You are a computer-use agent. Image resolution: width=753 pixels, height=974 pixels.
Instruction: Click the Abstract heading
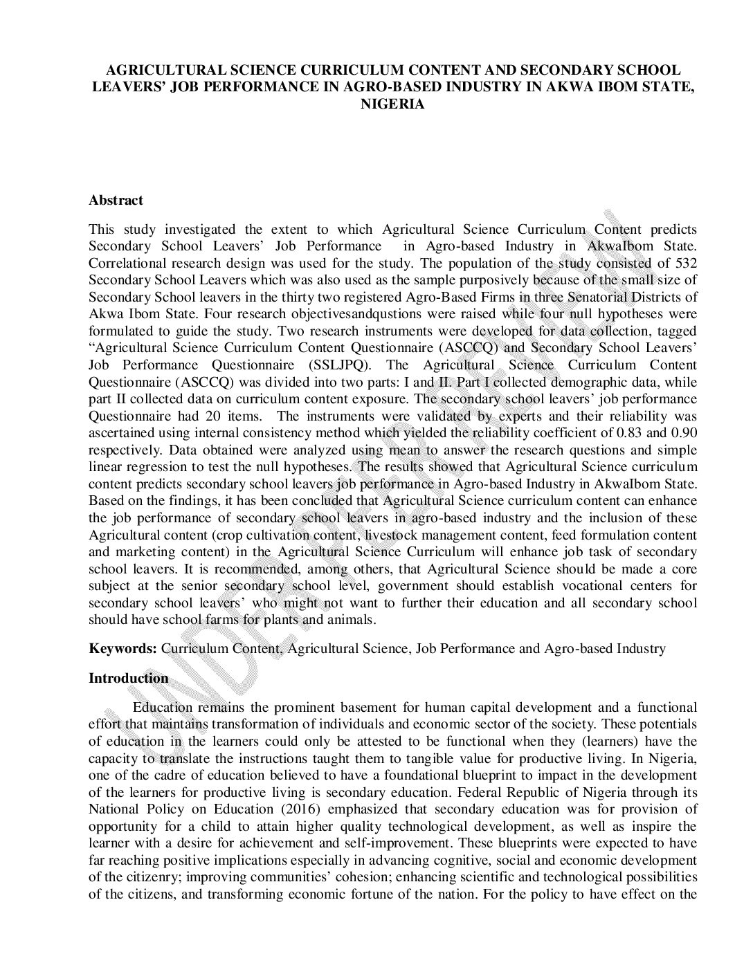tap(116, 201)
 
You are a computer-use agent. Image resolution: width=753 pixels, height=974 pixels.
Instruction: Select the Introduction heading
tap(128, 678)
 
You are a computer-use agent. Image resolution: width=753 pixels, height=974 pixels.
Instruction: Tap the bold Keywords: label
tap(123, 649)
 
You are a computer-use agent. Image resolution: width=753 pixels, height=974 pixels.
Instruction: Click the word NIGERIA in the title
tap(392, 104)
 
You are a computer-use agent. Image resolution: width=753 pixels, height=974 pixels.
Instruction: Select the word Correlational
tap(127, 263)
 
